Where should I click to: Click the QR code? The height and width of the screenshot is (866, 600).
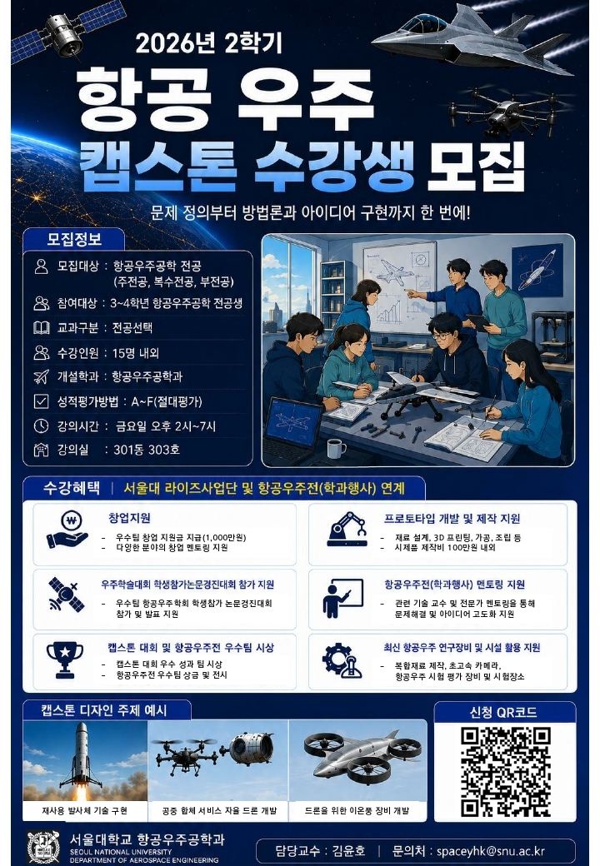click(505, 772)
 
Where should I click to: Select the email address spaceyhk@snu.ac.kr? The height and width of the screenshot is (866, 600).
click(490, 850)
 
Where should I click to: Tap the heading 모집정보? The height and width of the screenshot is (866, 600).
click(74, 239)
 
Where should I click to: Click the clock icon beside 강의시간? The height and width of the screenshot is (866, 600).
click(42, 426)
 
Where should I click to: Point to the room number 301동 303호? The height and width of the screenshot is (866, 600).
click(147, 450)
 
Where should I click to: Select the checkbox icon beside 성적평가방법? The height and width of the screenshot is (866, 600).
click(42, 401)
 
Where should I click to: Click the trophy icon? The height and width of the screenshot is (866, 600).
click(65, 659)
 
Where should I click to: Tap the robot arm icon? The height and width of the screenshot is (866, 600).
click(347, 529)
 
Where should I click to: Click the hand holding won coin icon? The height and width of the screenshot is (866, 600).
click(68, 529)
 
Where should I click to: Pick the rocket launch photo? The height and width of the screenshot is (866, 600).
click(85, 761)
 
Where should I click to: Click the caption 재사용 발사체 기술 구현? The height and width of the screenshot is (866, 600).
click(84, 810)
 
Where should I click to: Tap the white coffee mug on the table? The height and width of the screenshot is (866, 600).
click(335, 448)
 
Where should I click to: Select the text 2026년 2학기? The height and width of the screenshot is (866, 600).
click(209, 43)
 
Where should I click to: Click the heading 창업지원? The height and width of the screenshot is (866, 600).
click(129, 518)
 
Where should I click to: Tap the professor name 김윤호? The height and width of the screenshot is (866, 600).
click(348, 850)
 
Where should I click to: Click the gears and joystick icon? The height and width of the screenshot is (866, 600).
click(342, 660)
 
